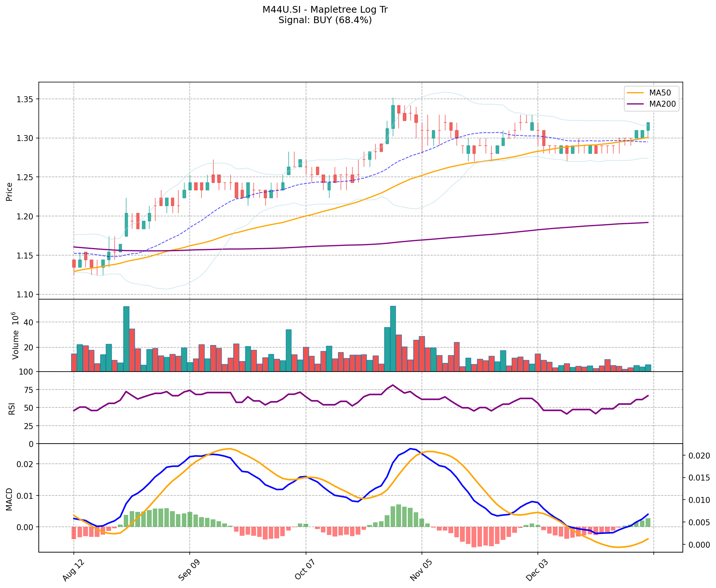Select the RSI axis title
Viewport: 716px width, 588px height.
coord(12,408)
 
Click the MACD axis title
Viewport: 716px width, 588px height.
coord(10,499)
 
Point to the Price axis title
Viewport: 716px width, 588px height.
coord(10,191)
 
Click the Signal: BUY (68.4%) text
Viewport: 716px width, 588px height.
coord(325,20)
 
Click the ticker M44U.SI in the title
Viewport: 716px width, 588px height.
coord(280,10)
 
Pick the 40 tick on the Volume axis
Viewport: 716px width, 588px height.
coord(28,322)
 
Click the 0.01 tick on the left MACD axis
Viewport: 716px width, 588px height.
coord(25,496)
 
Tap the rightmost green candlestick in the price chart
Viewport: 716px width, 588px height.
coord(648,126)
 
